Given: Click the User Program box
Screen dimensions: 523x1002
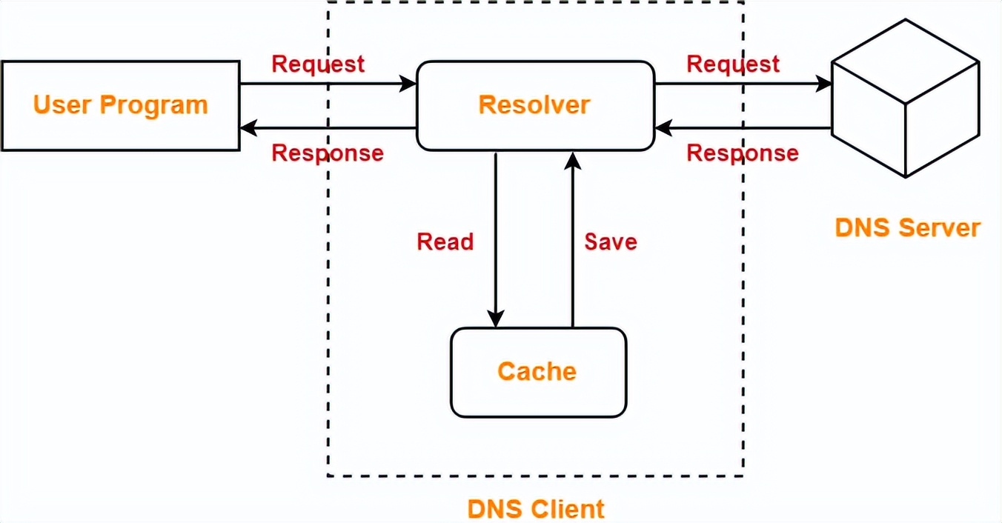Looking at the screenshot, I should coord(120,106).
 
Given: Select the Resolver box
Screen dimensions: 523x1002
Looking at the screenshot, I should coord(534,105).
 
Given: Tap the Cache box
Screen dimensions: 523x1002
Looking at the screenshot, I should coord(538,371).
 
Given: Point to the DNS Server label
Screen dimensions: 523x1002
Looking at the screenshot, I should coord(907,227).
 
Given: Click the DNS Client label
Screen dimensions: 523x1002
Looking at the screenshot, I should coord(536,510).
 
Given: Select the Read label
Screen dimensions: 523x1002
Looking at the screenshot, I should coord(445,241).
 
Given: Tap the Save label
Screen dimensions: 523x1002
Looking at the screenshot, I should coord(611,241).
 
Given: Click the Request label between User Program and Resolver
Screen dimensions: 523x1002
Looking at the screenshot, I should coord(318,64).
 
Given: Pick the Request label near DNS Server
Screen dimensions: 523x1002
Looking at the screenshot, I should coord(733,64).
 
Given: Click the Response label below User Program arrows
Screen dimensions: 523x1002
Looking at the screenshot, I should coord(328,153).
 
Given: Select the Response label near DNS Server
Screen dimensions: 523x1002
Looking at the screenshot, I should coord(743,153).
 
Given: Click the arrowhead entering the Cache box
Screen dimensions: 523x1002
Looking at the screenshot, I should coord(495,319).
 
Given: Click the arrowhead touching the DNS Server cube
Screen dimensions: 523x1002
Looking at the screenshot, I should coord(823,84).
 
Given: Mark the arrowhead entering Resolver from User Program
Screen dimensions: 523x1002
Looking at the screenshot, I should coord(408,84).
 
